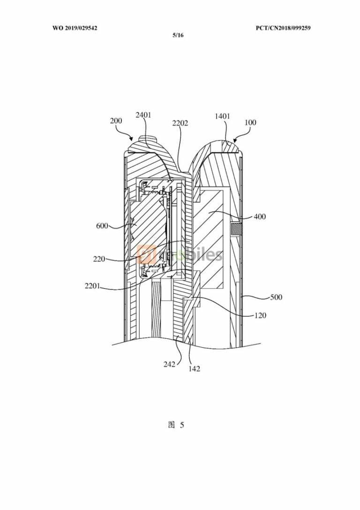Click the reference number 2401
[143, 115]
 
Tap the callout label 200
[116, 121]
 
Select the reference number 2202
[180, 123]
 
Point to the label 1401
[222, 116]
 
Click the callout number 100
[250, 122]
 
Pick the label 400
[260, 217]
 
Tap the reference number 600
[102, 226]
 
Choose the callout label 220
[99, 259]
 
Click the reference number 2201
[93, 286]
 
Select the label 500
[276, 297]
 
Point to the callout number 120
[260, 315]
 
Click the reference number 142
[194, 369]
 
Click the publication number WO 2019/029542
[75, 28]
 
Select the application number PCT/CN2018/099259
[283, 28]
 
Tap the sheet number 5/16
[178, 35]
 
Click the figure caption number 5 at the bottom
[181, 425]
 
